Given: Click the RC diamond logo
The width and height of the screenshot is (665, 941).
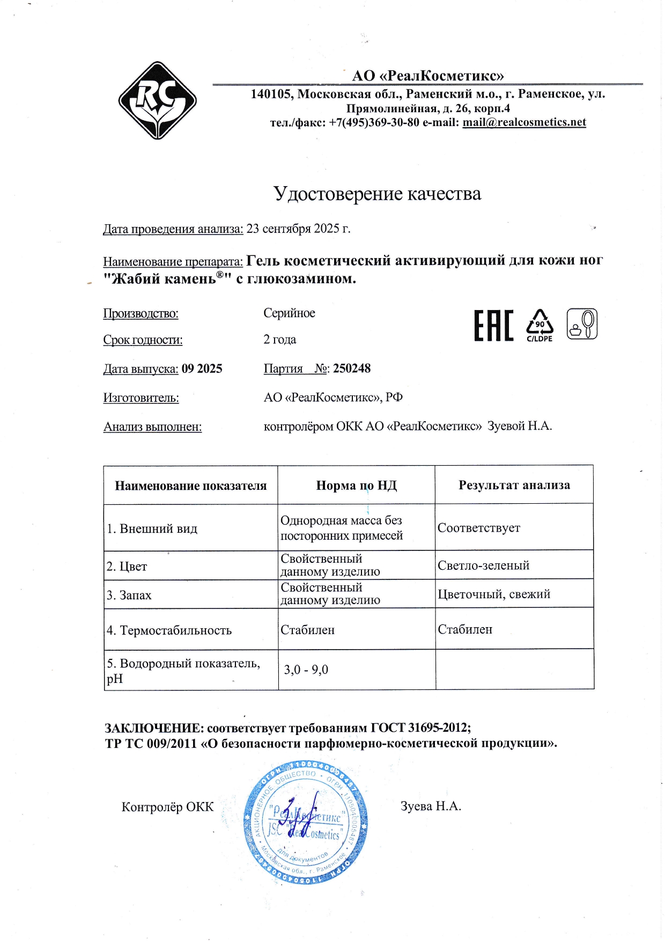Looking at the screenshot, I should point(157,101).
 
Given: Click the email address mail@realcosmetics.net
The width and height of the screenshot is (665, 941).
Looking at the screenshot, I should point(524,122).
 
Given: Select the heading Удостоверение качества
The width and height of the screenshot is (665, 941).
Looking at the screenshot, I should point(377,194).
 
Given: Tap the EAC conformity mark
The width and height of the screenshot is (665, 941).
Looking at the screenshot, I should point(493,325).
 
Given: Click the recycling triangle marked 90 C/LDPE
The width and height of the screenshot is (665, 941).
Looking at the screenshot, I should point(540,325).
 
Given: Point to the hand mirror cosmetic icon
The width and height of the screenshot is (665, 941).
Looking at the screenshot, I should point(582,324).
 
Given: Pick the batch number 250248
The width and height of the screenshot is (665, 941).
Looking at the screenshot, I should point(352,369).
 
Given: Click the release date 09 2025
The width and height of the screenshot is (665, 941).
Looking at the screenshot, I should point(202,369).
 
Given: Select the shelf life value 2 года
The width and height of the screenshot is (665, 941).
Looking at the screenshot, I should point(279,340).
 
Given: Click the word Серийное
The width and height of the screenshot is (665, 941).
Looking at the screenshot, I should point(289,313).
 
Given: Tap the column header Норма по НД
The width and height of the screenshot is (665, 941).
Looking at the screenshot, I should point(356,486).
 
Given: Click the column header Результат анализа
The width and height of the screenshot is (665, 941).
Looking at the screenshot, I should point(514,485).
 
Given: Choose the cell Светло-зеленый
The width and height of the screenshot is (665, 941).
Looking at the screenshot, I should point(483,565).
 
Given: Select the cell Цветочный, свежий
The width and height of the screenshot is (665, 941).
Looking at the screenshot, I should point(494,594).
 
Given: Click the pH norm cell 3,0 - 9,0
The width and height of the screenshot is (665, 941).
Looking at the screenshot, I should point(306,670).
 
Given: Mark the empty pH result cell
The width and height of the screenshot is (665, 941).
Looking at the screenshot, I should point(514,670).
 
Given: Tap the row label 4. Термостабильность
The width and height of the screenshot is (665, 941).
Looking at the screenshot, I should point(169,630).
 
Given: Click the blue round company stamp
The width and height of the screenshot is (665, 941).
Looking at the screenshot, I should point(306,822).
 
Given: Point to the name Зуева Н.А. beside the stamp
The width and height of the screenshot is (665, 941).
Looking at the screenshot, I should point(431,806).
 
